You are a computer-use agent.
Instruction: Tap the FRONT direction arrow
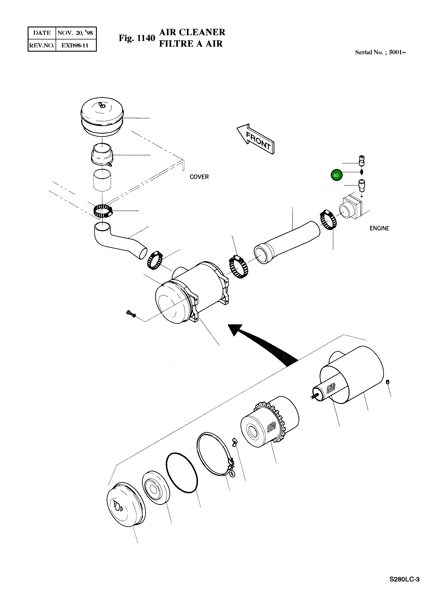(256, 139)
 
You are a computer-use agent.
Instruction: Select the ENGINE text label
(379, 228)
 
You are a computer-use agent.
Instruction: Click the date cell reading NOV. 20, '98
(75, 33)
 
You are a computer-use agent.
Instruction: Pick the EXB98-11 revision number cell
(75, 45)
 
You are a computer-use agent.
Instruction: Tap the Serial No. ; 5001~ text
(380, 52)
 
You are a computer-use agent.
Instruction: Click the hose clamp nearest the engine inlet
(328, 220)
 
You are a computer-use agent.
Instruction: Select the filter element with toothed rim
(269, 426)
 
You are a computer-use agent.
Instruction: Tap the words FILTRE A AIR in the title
(191, 44)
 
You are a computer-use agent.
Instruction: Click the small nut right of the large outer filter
(388, 382)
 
